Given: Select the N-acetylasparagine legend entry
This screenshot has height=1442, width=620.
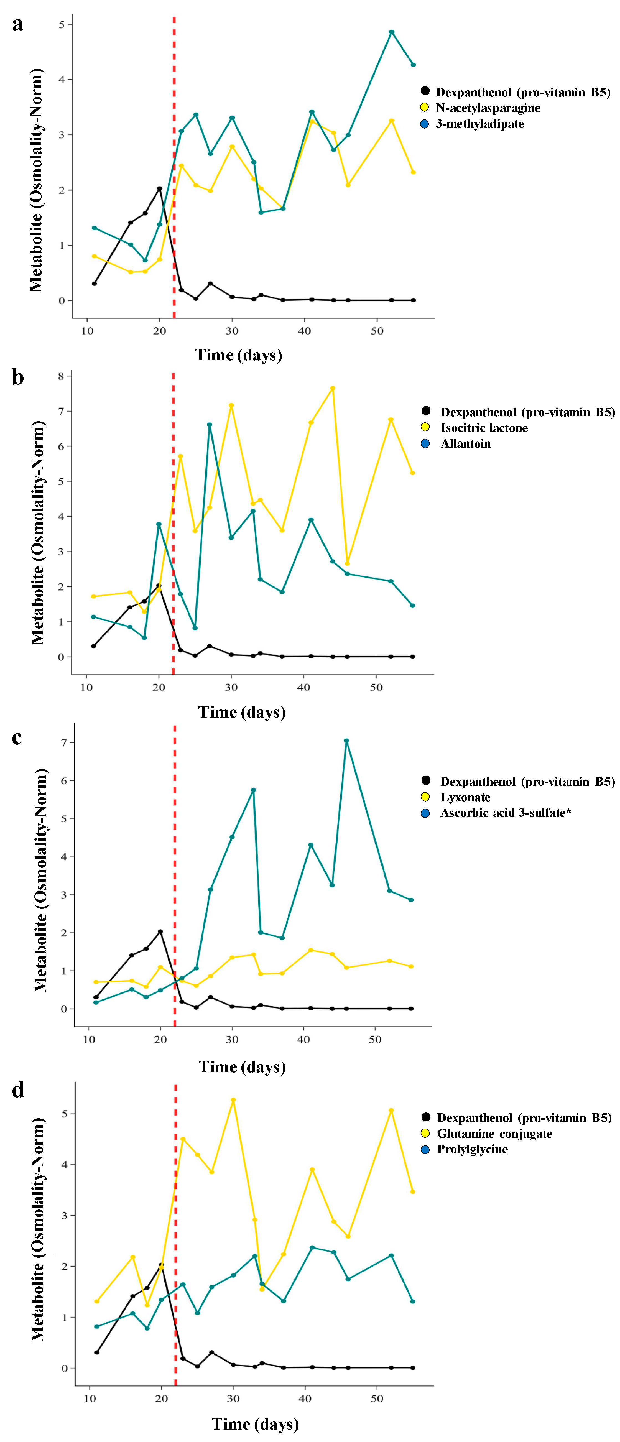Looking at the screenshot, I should coord(488,108).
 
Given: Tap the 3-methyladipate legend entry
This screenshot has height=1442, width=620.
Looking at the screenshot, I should coord(479,124).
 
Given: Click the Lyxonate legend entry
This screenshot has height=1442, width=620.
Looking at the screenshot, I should coord(465,797).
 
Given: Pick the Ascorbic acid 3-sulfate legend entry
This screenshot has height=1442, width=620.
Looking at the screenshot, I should coord(505,813).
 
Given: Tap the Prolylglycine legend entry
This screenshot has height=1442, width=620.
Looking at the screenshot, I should coord(472,1149).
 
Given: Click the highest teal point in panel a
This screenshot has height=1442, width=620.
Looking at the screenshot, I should coord(392,32).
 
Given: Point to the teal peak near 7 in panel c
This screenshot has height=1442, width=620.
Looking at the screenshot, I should coord(346,741).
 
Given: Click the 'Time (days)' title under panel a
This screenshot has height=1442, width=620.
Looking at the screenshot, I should coord(238,355).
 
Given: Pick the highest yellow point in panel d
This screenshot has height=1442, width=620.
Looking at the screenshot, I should coord(233,1100).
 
